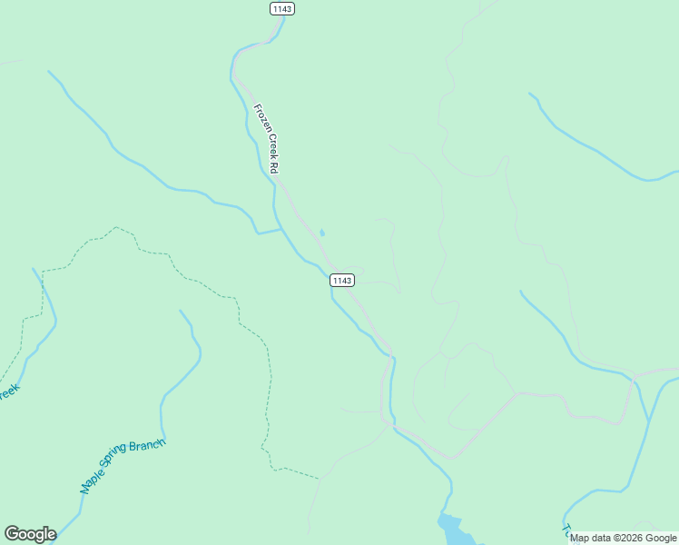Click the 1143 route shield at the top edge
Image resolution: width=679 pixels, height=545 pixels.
click(282, 8)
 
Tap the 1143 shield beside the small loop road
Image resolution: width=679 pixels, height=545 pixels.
click(341, 280)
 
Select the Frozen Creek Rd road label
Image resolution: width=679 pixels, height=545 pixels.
click(266, 139)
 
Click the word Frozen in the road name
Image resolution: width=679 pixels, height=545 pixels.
click(260, 119)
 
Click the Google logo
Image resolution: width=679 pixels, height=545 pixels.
click(30, 534)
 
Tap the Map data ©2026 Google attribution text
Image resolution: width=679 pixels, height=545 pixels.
click(623, 538)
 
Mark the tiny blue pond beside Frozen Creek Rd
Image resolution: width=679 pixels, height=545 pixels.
click(322, 233)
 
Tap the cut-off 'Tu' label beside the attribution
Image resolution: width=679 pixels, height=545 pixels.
click(566, 530)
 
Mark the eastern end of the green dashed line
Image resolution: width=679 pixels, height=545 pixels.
click(318, 478)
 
